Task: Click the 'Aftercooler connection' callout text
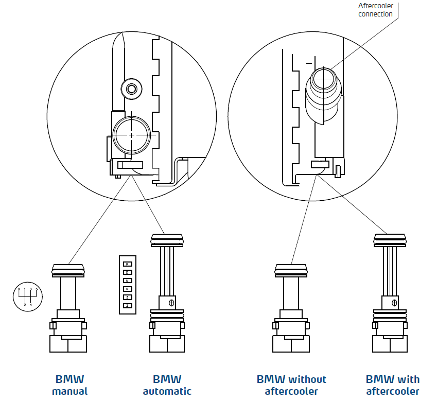click(375, 10)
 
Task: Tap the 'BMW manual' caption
click(69, 385)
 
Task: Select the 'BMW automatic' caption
click(167, 385)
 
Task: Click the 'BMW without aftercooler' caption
click(291, 385)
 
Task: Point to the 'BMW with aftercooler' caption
click(392, 385)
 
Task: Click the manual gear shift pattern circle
click(28, 297)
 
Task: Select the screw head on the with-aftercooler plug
click(394, 302)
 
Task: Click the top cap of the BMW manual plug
click(68, 270)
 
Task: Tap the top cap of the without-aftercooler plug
click(291, 270)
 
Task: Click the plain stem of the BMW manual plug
click(68, 293)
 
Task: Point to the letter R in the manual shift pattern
click(19, 290)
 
